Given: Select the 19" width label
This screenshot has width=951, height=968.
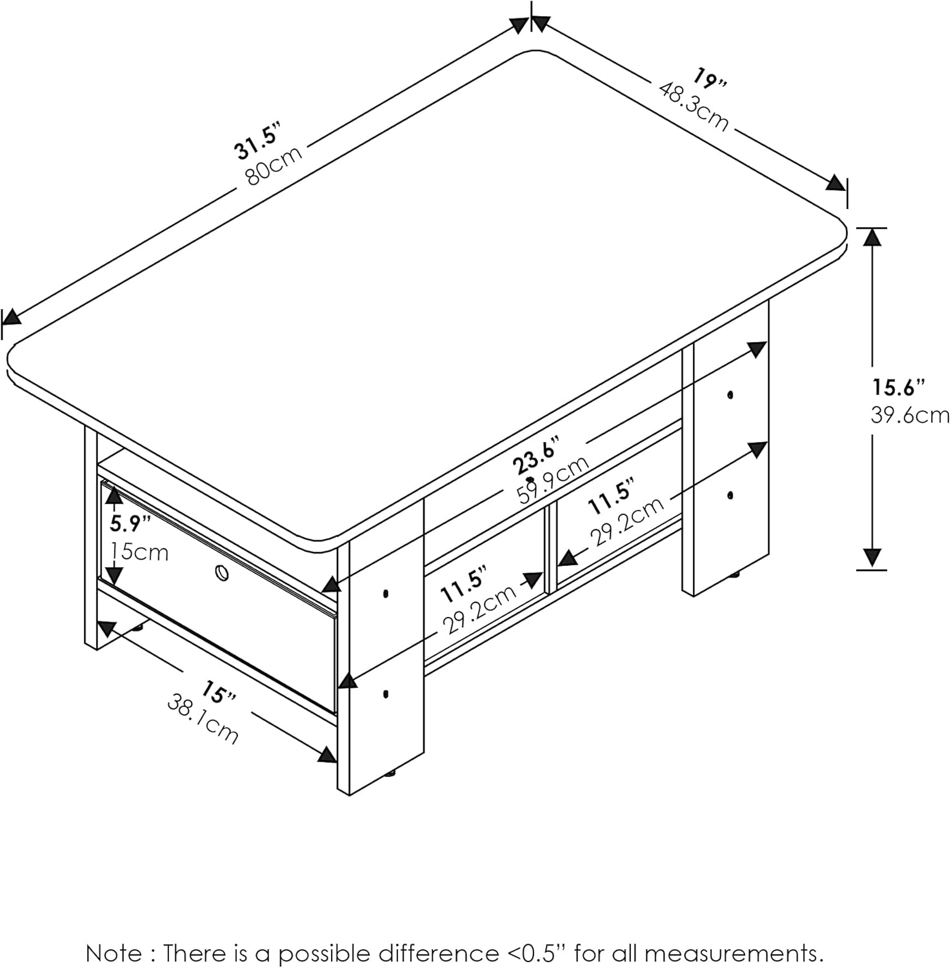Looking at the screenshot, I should [710, 80].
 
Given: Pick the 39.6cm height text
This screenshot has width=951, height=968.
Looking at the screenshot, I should [910, 415].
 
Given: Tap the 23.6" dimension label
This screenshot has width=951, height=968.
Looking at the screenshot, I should [534, 456].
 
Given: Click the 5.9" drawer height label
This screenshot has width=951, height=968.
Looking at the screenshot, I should [130, 523].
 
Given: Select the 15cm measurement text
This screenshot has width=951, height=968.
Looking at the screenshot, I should [139, 552].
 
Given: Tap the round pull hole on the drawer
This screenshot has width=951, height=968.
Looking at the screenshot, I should [221, 572].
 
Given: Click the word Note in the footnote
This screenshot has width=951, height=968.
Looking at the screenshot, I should [115, 953].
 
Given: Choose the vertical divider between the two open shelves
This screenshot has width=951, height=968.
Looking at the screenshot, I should [550, 550].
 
